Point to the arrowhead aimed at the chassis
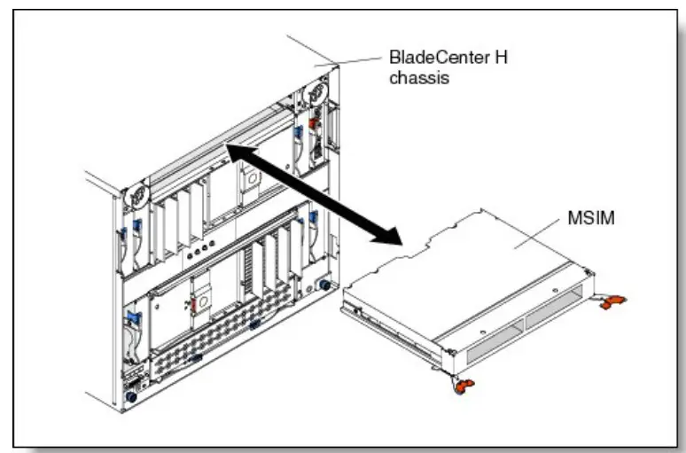[232, 150]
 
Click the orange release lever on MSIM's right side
[610, 303]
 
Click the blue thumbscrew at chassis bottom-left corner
[130, 398]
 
